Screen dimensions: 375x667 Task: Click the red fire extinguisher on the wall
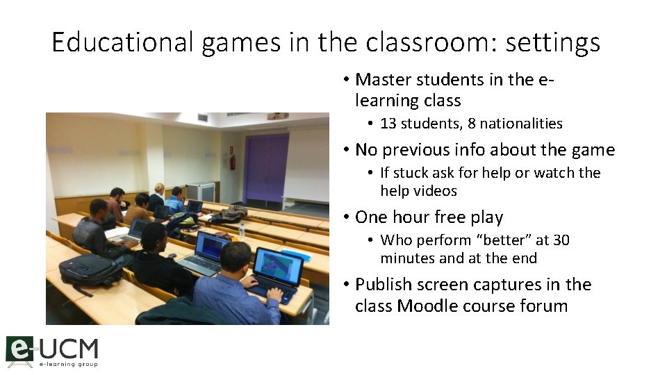[x=233, y=162]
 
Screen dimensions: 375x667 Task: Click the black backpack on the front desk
[x=90, y=271]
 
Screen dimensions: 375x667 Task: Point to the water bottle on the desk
[x=242, y=230]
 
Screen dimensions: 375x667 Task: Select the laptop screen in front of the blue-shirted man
[x=277, y=267]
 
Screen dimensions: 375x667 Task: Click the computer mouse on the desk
[x=172, y=256]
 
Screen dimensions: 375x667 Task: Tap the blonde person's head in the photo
[x=160, y=188]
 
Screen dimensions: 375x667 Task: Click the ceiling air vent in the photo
[x=202, y=117]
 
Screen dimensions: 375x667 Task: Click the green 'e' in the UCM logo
[x=19, y=349]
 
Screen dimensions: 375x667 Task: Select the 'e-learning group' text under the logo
[x=68, y=364]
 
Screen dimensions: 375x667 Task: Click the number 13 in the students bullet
[x=388, y=124]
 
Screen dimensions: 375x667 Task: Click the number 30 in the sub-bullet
[x=561, y=240]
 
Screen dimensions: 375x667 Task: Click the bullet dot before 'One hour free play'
[x=346, y=217]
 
